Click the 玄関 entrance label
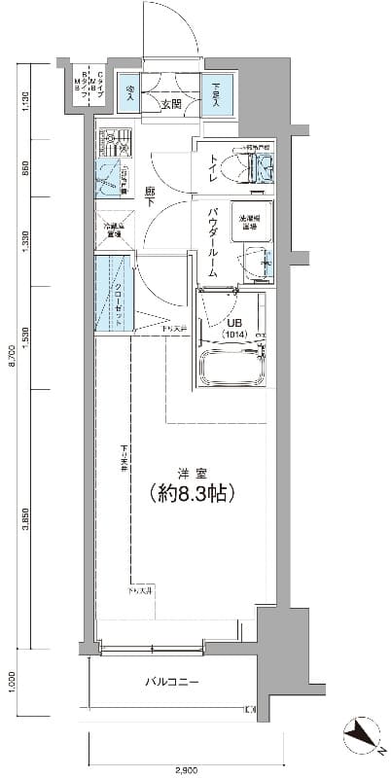pyautogui.click(x=171, y=104)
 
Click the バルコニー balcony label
pyautogui.click(x=172, y=682)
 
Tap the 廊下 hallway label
pyautogui.click(x=152, y=194)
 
